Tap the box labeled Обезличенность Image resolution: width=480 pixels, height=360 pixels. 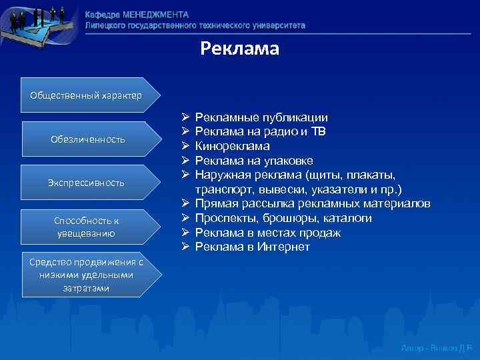tap(87, 139)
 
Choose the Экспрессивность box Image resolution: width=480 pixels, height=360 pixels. tap(87, 182)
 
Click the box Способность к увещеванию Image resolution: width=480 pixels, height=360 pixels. tap(87, 227)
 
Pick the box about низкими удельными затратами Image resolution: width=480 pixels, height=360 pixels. tap(84, 275)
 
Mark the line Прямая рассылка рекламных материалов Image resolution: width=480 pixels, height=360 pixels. tap(317, 204)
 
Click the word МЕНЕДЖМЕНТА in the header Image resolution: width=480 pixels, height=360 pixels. tap(155, 15)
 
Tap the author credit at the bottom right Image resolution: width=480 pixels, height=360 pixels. tap(436, 348)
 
